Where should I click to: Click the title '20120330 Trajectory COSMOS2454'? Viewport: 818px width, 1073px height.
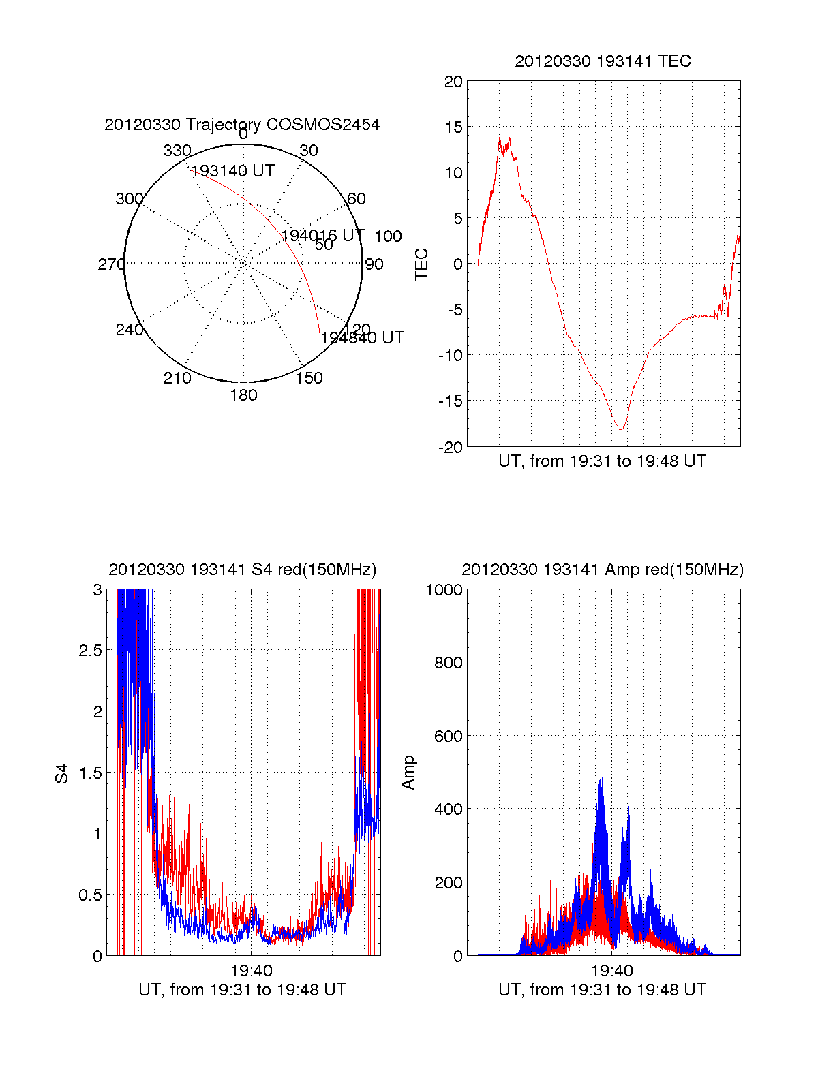pos(242,125)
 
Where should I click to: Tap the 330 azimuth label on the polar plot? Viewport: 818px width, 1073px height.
pos(177,151)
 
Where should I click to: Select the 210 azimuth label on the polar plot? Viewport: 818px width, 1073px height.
pos(177,378)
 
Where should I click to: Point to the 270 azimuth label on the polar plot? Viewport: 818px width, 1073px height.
pos(111,264)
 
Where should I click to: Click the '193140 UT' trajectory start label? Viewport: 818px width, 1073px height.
pos(233,171)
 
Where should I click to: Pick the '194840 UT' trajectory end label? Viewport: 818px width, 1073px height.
pos(363,338)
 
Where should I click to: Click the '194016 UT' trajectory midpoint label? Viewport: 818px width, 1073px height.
pos(323,236)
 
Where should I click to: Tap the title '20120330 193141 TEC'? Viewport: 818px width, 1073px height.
pos(603,61)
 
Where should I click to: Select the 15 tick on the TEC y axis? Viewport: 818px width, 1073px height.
pos(453,127)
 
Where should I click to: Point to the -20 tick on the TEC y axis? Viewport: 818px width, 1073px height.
pos(451,447)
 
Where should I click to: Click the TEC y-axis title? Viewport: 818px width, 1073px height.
pos(422,264)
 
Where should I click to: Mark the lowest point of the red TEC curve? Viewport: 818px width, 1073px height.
pos(621,429)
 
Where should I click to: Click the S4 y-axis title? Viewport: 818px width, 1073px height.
pos(62,773)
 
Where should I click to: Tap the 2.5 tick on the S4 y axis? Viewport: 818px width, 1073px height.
pos(91,651)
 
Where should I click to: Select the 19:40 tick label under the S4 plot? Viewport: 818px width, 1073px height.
pos(252,971)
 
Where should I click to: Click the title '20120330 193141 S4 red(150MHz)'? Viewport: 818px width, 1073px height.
pos(242,570)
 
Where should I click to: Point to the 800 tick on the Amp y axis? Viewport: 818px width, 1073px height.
pos(448,663)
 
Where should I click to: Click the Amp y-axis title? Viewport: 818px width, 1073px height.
pos(408,773)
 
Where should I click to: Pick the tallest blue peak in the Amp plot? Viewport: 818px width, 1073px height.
pos(601,749)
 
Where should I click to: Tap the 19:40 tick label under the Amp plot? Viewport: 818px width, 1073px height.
pos(611,971)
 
